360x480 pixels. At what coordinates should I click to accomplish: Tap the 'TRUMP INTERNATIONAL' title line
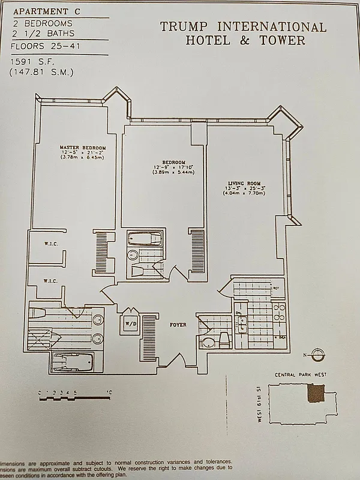[243, 27]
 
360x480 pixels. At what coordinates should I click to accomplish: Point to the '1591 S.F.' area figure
[33, 62]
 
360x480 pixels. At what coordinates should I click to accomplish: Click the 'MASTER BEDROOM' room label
[82, 148]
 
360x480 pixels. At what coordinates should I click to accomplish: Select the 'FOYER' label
[178, 325]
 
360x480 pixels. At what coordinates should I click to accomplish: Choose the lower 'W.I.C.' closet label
[50, 280]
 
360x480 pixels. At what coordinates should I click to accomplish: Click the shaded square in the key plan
[315, 394]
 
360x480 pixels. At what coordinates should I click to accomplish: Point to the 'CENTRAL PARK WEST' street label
[300, 375]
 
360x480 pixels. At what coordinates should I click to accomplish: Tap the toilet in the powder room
[208, 343]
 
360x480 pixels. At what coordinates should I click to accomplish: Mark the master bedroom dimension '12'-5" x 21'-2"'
[82, 154]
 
